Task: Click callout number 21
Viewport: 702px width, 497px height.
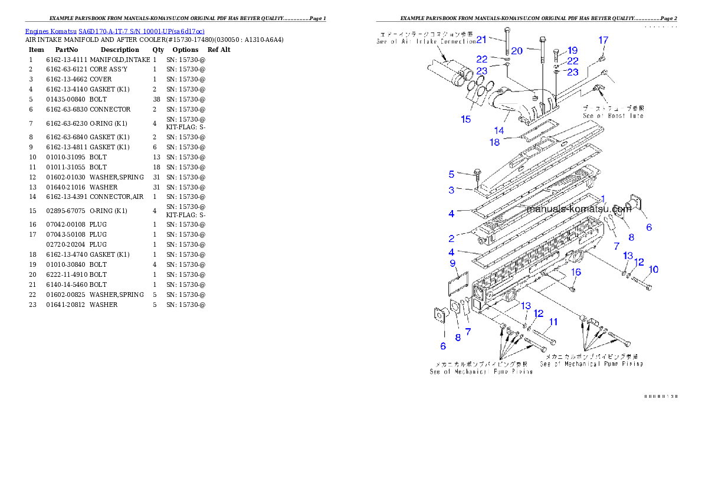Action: point(481,40)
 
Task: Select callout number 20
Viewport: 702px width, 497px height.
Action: point(517,51)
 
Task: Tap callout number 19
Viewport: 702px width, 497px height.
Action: point(572,51)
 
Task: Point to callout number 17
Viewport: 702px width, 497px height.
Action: point(603,40)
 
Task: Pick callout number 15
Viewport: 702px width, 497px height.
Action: point(466,119)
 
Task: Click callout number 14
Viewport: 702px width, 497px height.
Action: point(499,130)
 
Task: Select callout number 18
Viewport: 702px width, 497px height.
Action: point(494,142)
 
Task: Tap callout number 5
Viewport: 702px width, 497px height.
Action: point(451,174)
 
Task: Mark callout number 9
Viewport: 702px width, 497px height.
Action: point(452,263)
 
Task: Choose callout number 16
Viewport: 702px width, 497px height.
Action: point(576,272)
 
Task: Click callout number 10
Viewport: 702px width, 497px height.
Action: point(652,270)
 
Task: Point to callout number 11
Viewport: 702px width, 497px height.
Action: point(553,322)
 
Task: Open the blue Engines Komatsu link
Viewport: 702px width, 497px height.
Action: point(115,31)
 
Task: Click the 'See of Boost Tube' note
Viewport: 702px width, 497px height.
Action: point(613,112)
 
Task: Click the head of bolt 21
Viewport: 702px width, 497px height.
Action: point(506,30)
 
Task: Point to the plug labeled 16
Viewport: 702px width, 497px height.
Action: point(573,289)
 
